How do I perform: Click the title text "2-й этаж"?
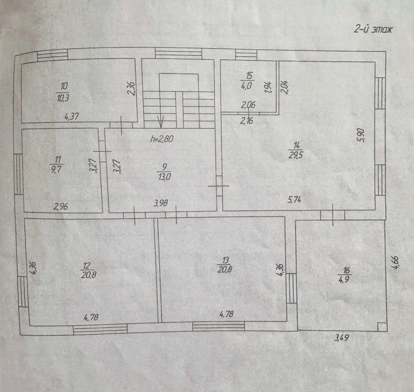(373, 30)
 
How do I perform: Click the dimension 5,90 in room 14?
(362, 135)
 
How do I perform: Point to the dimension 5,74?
(294, 200)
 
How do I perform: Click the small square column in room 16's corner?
(382, 327)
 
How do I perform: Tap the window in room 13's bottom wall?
(219, 326)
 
